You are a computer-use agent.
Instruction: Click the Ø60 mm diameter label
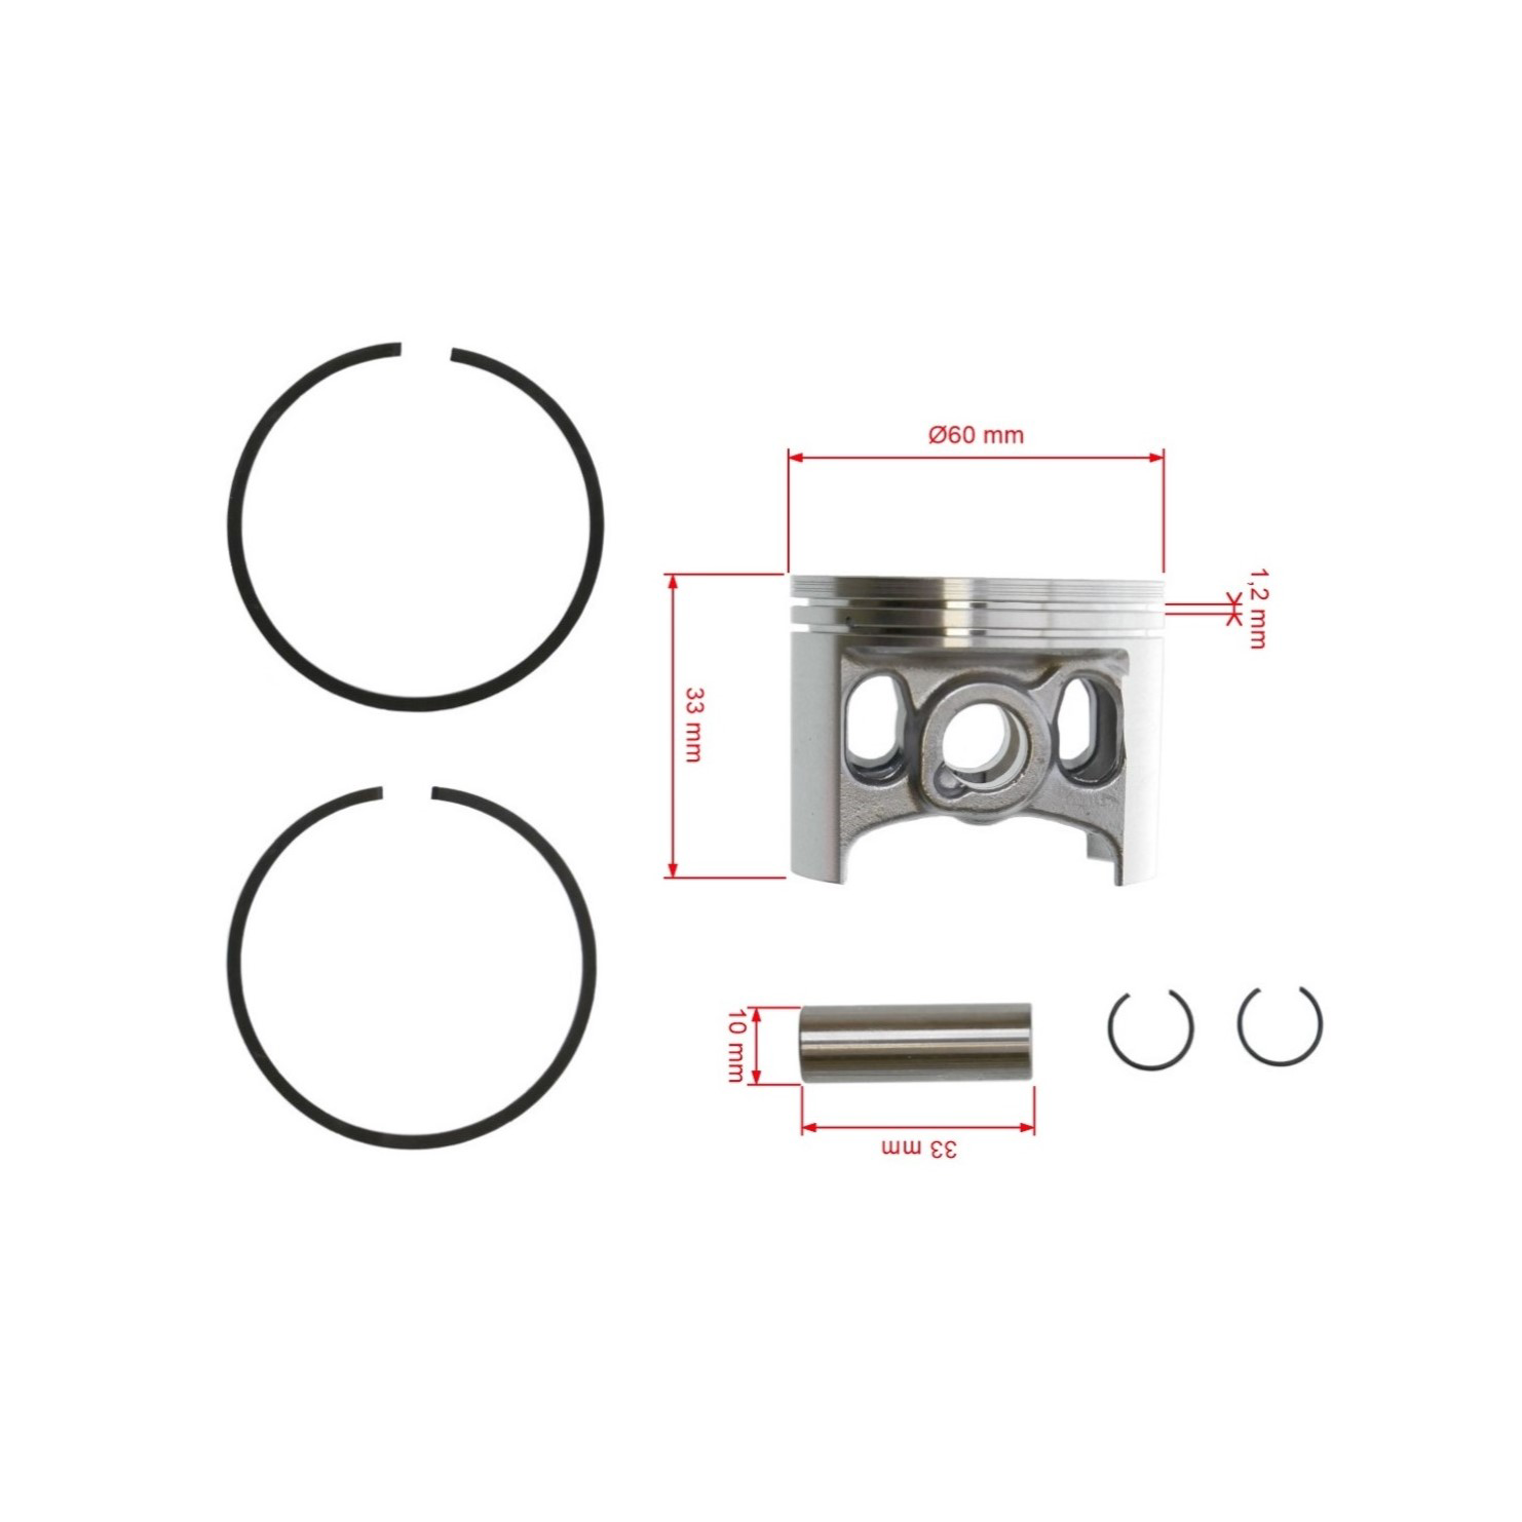coord(976,434)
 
